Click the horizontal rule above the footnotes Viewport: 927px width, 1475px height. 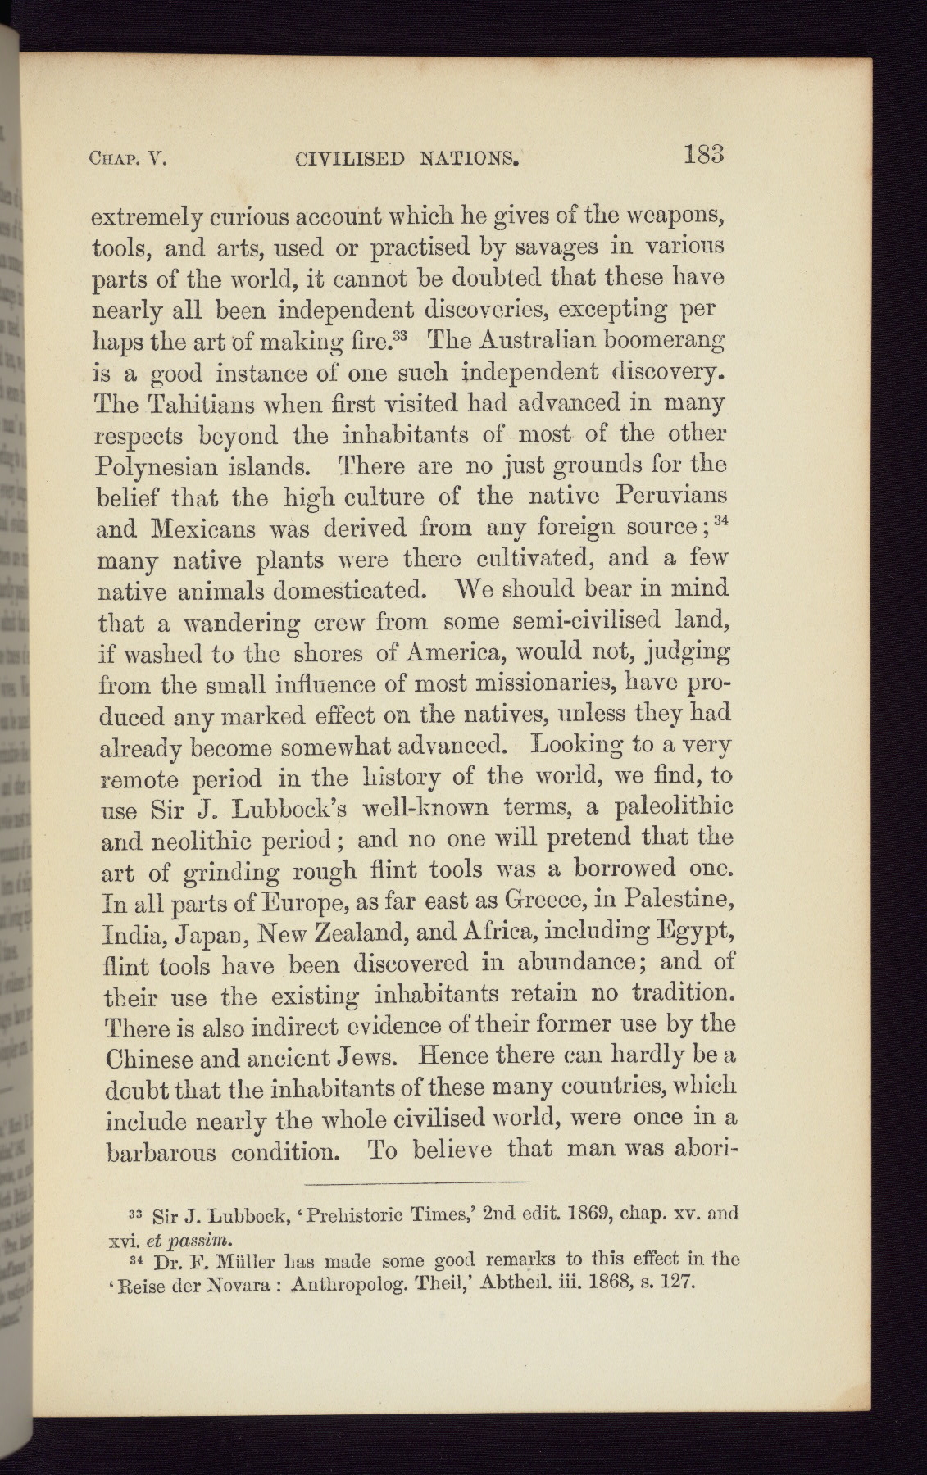click(416, 1182)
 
